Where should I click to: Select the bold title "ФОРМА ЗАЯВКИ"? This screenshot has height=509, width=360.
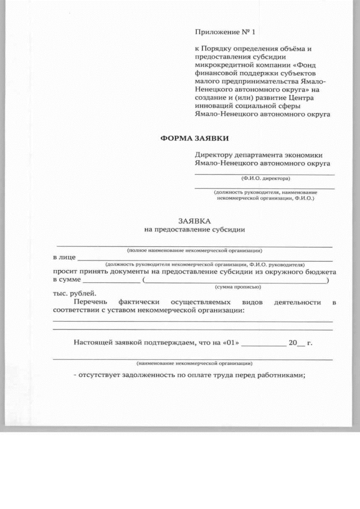(195, 138)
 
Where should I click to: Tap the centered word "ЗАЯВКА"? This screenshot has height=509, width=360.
(195, 221)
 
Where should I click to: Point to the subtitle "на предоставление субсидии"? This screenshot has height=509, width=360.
(195, 229)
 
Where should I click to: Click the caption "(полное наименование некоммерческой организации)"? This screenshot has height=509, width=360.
(195, 250)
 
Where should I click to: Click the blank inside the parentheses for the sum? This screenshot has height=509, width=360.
(236, 280)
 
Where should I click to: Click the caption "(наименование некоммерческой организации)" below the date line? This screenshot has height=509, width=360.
(194, 363)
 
